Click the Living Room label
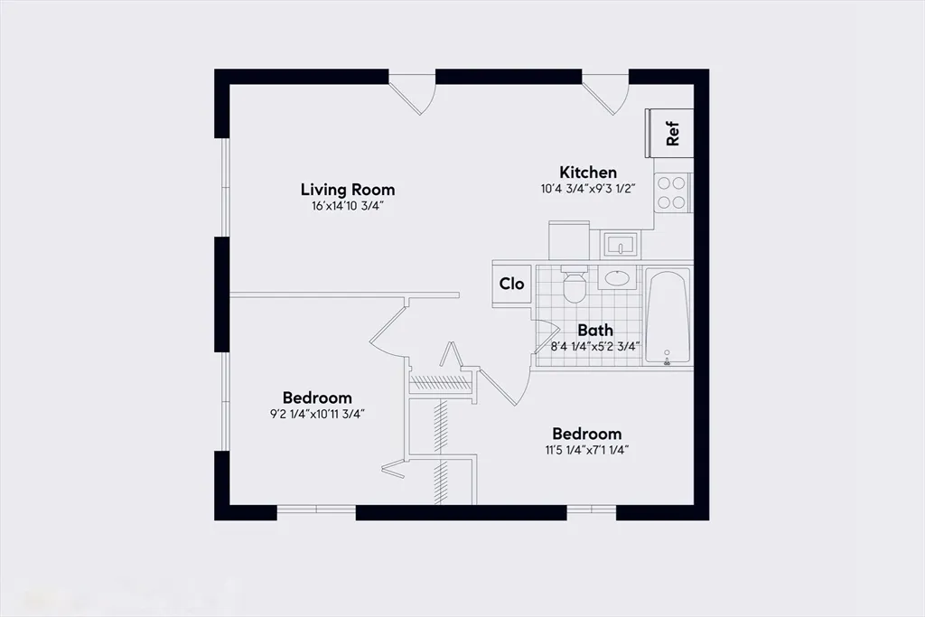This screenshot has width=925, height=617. point(348,190)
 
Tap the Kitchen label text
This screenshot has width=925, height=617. point(588,173)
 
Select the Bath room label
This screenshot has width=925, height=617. point(595,330)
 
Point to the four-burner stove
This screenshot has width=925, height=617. point(671,192)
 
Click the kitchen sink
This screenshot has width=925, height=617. point(620,244)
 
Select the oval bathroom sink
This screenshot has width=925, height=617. point(619,278)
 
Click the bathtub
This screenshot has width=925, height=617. point(668,316)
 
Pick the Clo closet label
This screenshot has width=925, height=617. point(512,284)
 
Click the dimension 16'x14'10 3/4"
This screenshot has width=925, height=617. point(348,206)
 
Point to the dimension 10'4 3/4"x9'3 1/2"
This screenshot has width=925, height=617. point(588,190)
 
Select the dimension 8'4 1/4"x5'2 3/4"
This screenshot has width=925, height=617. point(595,345)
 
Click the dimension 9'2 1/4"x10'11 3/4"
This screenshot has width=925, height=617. point(317,414)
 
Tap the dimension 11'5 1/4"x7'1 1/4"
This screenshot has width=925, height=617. point(586,449)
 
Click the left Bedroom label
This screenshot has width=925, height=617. point(317,397)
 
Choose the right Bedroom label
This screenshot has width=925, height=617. point(586,434)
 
